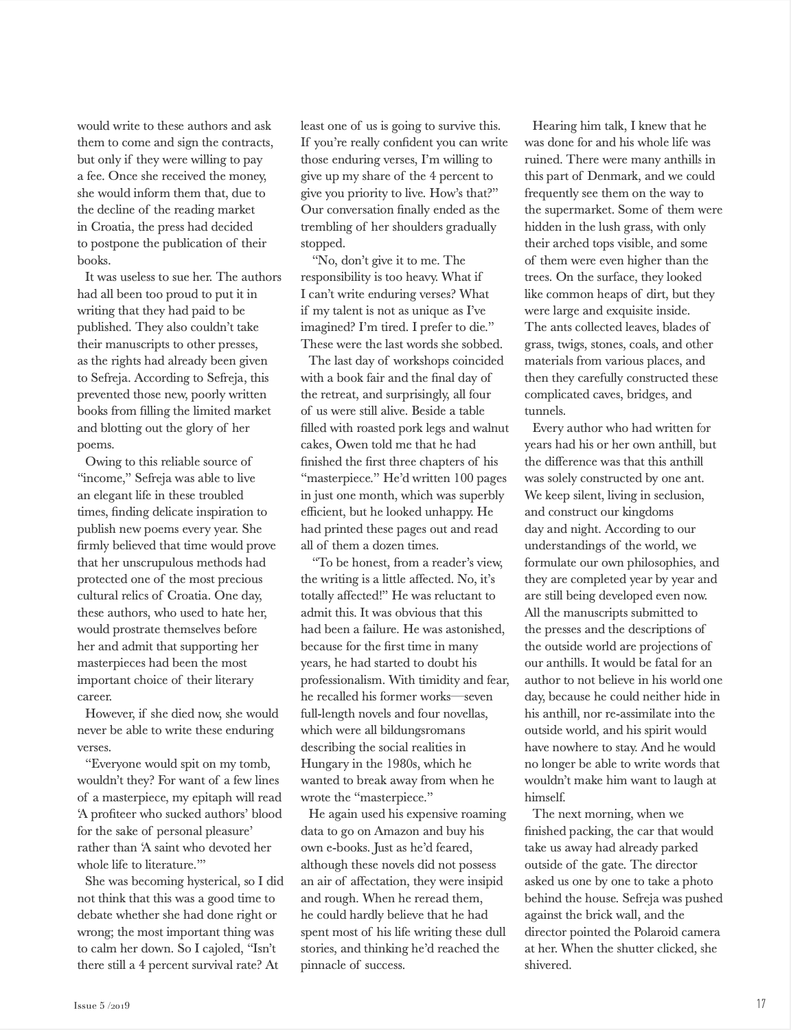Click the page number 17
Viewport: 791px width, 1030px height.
[x=761, y=1004]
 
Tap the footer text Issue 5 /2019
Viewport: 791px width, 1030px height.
[x=102, y=1005]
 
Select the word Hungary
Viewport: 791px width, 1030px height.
[x=325, y=764]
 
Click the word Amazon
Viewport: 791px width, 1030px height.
[x=399, y=831]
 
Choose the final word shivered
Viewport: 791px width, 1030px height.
[x=548, y=965]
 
